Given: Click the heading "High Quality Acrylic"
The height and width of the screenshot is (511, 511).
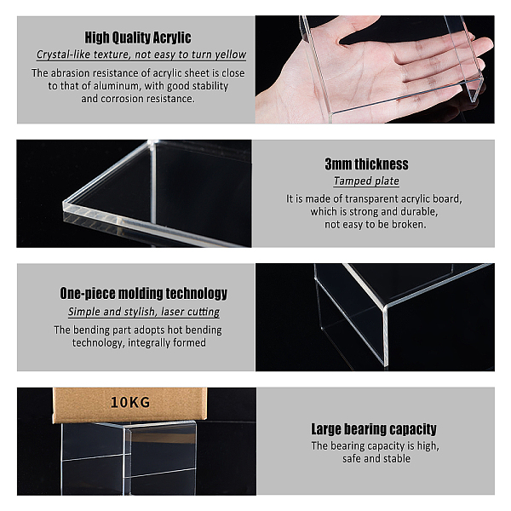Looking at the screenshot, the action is point(138,37).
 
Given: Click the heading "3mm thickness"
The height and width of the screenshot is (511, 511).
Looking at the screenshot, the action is point(366,164).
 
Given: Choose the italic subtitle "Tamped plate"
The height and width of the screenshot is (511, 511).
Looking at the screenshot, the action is point(366,181).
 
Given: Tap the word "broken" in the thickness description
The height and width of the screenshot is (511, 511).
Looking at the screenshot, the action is point(409,224).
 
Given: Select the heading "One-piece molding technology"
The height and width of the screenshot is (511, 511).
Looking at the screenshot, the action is point(144,293).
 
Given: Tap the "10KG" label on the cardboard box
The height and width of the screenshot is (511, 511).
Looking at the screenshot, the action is point(130,403).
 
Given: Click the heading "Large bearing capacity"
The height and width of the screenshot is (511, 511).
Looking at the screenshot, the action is point(374,429).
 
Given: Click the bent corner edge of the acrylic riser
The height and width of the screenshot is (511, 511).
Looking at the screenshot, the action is point(386,336).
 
